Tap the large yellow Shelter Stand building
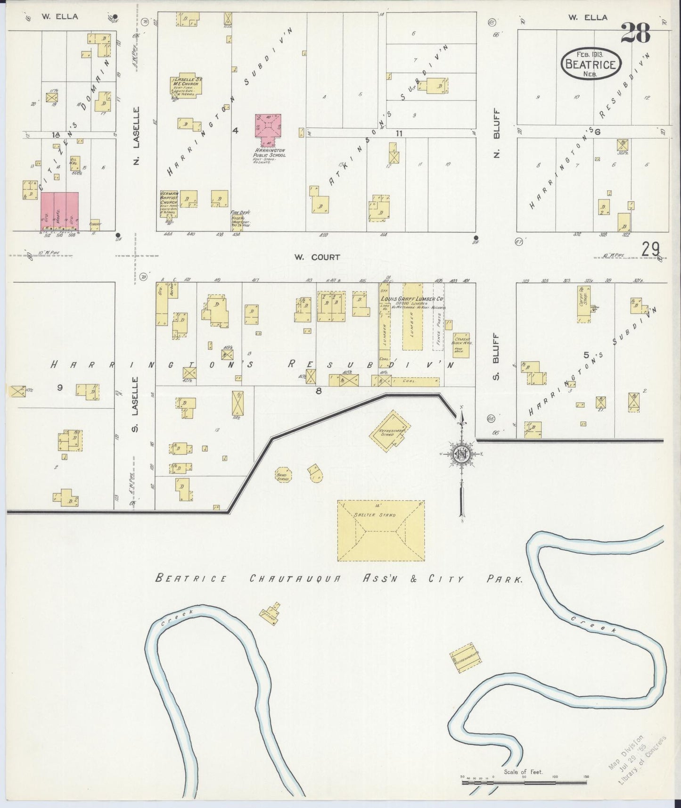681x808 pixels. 380,530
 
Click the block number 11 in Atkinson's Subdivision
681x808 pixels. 399,133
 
